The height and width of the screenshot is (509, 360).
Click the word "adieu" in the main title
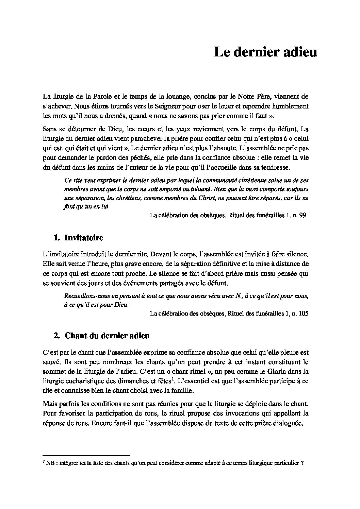(299, 52)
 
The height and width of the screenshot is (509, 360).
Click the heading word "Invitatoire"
(84, 238)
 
